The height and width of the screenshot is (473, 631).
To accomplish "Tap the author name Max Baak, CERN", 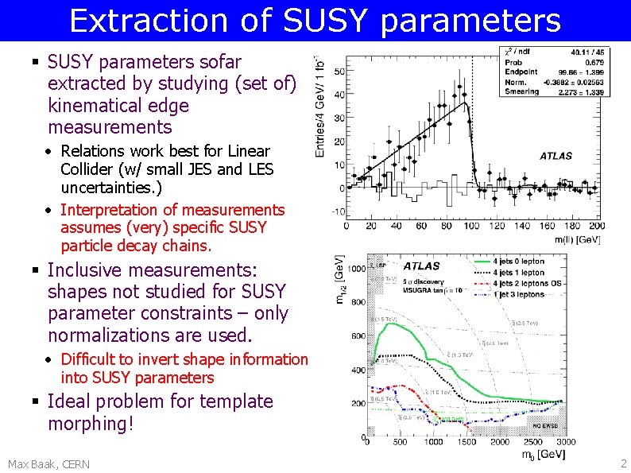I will point(48,463).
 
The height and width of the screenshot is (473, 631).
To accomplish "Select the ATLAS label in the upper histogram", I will point(556,156).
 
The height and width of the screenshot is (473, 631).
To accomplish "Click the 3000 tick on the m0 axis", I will point(565,442).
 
